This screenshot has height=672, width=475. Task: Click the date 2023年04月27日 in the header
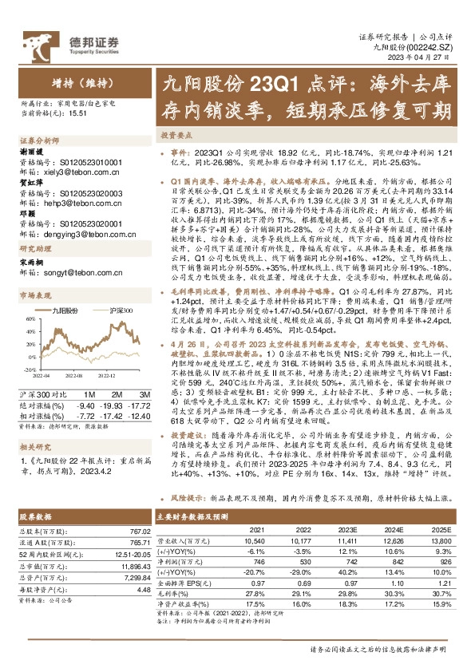(x=427, y=59)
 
